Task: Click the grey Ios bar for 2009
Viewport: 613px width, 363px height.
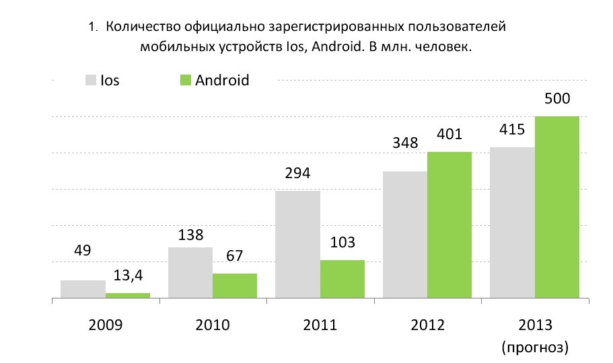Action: (x=83, y=289)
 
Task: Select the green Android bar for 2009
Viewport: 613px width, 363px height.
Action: (x=128, y=295)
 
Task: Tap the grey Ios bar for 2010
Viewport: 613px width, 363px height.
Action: (x=190, y=273)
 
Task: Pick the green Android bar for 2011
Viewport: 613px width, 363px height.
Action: (x=342, y=279)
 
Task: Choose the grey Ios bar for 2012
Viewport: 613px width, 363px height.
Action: (x=405, y=235)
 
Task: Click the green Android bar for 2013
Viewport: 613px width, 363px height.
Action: (x=557, y=207)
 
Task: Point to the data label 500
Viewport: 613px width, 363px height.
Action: (x=557, y=98)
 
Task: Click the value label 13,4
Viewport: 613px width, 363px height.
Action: (x=129, y=276)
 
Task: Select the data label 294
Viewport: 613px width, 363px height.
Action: (x=297, y=173)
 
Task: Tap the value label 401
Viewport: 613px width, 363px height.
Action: (x=449, y=134)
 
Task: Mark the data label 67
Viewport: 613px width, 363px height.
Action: (x=235, y=256)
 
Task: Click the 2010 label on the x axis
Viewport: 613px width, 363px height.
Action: (x=213, y=325)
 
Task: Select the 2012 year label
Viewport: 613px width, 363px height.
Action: (x=428, y=325)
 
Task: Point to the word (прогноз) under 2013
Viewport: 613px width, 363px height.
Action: (x=535, y=347)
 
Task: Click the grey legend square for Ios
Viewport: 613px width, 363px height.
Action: (x=91, y=80)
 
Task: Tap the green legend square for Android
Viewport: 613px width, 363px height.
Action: (x=185, y=80)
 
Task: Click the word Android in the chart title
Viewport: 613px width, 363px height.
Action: (x=338, y=46)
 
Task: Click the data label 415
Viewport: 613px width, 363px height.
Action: (x=512, y=129)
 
